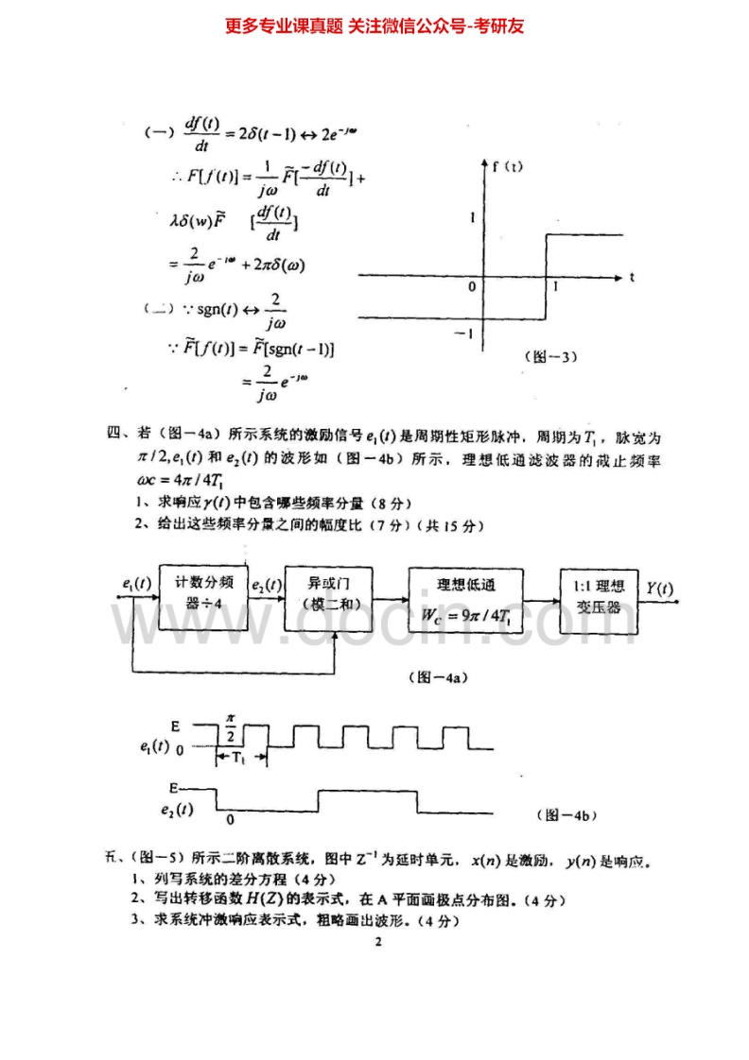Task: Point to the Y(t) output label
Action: tap(660, 588)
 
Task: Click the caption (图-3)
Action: tap(550, 356)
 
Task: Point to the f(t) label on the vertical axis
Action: tap(508, 166)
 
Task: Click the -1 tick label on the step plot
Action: tap(463, 333)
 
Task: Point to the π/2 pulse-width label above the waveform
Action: tap(230, 727)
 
